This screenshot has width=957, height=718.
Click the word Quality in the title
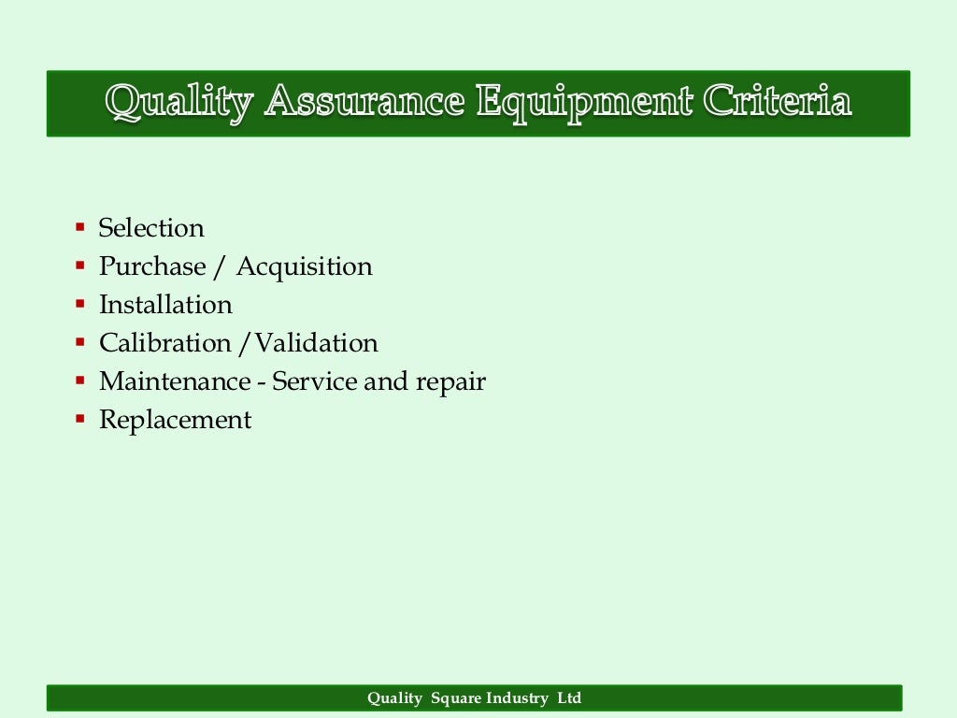click(179, 102)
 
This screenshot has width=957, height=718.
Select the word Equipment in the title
click(584, 102)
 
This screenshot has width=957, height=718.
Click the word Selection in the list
click(151, 228)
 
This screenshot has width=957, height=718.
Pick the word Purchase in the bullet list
click(152, 266)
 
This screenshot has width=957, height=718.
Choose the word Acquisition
click(304, 266)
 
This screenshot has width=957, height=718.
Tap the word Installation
click(165, 305)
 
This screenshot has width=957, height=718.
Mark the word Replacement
click(175, 420)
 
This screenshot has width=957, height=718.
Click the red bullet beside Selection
click(80, 227)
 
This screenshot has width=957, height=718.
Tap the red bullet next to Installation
click(80, 304)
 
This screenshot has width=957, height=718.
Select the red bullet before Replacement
click(80, 419)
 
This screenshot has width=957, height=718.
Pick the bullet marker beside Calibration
click(80, 342)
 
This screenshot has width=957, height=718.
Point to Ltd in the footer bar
click(569, 698)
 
